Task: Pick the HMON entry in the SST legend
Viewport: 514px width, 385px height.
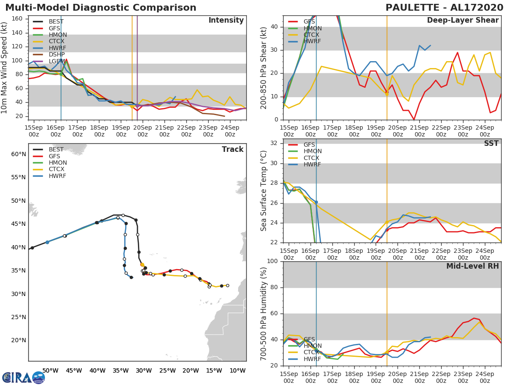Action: [312, 151]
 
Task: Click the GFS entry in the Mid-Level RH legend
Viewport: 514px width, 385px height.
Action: [309, 339]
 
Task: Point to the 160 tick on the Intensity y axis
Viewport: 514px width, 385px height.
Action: [22, 18]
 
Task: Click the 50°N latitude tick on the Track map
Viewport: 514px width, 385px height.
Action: [18, 201]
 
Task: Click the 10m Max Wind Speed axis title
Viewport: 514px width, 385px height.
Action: [5, 68]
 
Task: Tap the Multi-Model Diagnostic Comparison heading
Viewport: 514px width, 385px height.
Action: [101, 8]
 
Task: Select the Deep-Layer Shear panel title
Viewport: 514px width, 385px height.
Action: [463, 21]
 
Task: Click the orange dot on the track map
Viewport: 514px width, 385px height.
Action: [142, 265]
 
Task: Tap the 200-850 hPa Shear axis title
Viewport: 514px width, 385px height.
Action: [264, 68]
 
